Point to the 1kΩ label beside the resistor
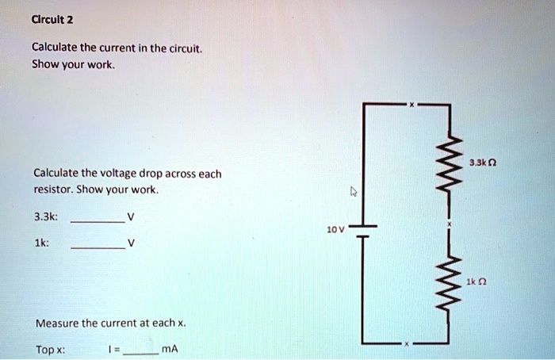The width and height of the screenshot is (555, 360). coord(477,281)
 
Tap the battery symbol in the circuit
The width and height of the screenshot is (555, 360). coord(364,231)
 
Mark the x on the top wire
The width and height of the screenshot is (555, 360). coord(411,105)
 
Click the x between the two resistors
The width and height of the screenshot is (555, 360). coord(448,225)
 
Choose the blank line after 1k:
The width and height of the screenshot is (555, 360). coord(97,249)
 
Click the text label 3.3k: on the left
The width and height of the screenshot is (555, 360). coord(45,216)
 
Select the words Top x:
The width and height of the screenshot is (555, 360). coord(51,349)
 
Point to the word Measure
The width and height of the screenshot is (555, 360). coord(56,323)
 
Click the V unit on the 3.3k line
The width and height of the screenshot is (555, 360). coord(131,216)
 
